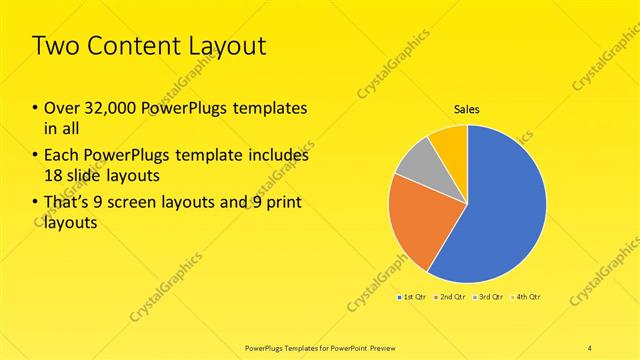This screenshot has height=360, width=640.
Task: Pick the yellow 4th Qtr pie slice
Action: point(450,140)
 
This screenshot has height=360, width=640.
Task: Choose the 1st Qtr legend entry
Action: point(413,297)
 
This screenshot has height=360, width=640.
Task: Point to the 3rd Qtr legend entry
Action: point(489,297)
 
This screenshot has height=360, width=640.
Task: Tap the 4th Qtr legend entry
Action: point(526,297)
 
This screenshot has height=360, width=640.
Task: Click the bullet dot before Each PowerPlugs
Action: point(36,156)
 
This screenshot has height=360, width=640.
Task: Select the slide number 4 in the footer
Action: point(590,347)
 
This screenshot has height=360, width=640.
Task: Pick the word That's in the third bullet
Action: point(67,204)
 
